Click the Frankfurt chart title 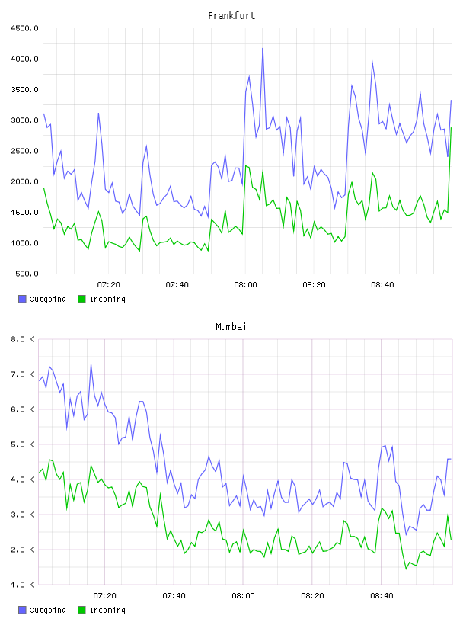231,16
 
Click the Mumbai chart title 231,327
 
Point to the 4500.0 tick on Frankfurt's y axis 24,28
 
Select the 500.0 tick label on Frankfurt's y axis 27,274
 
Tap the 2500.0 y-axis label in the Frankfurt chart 24,151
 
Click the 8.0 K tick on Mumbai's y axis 22,339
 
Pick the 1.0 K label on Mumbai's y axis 22,585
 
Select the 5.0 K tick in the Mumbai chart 22,444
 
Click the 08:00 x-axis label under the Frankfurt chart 245,285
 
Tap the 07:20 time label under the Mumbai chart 104,596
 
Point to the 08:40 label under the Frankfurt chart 382,285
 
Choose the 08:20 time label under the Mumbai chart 312,596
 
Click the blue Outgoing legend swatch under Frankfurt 22,299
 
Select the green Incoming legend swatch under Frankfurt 81,299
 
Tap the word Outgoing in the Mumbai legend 47,610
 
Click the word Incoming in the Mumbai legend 107,610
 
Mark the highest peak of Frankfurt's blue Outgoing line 263,48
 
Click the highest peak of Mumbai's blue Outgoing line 91,365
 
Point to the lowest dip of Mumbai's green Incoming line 406,569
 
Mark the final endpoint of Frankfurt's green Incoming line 451,128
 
